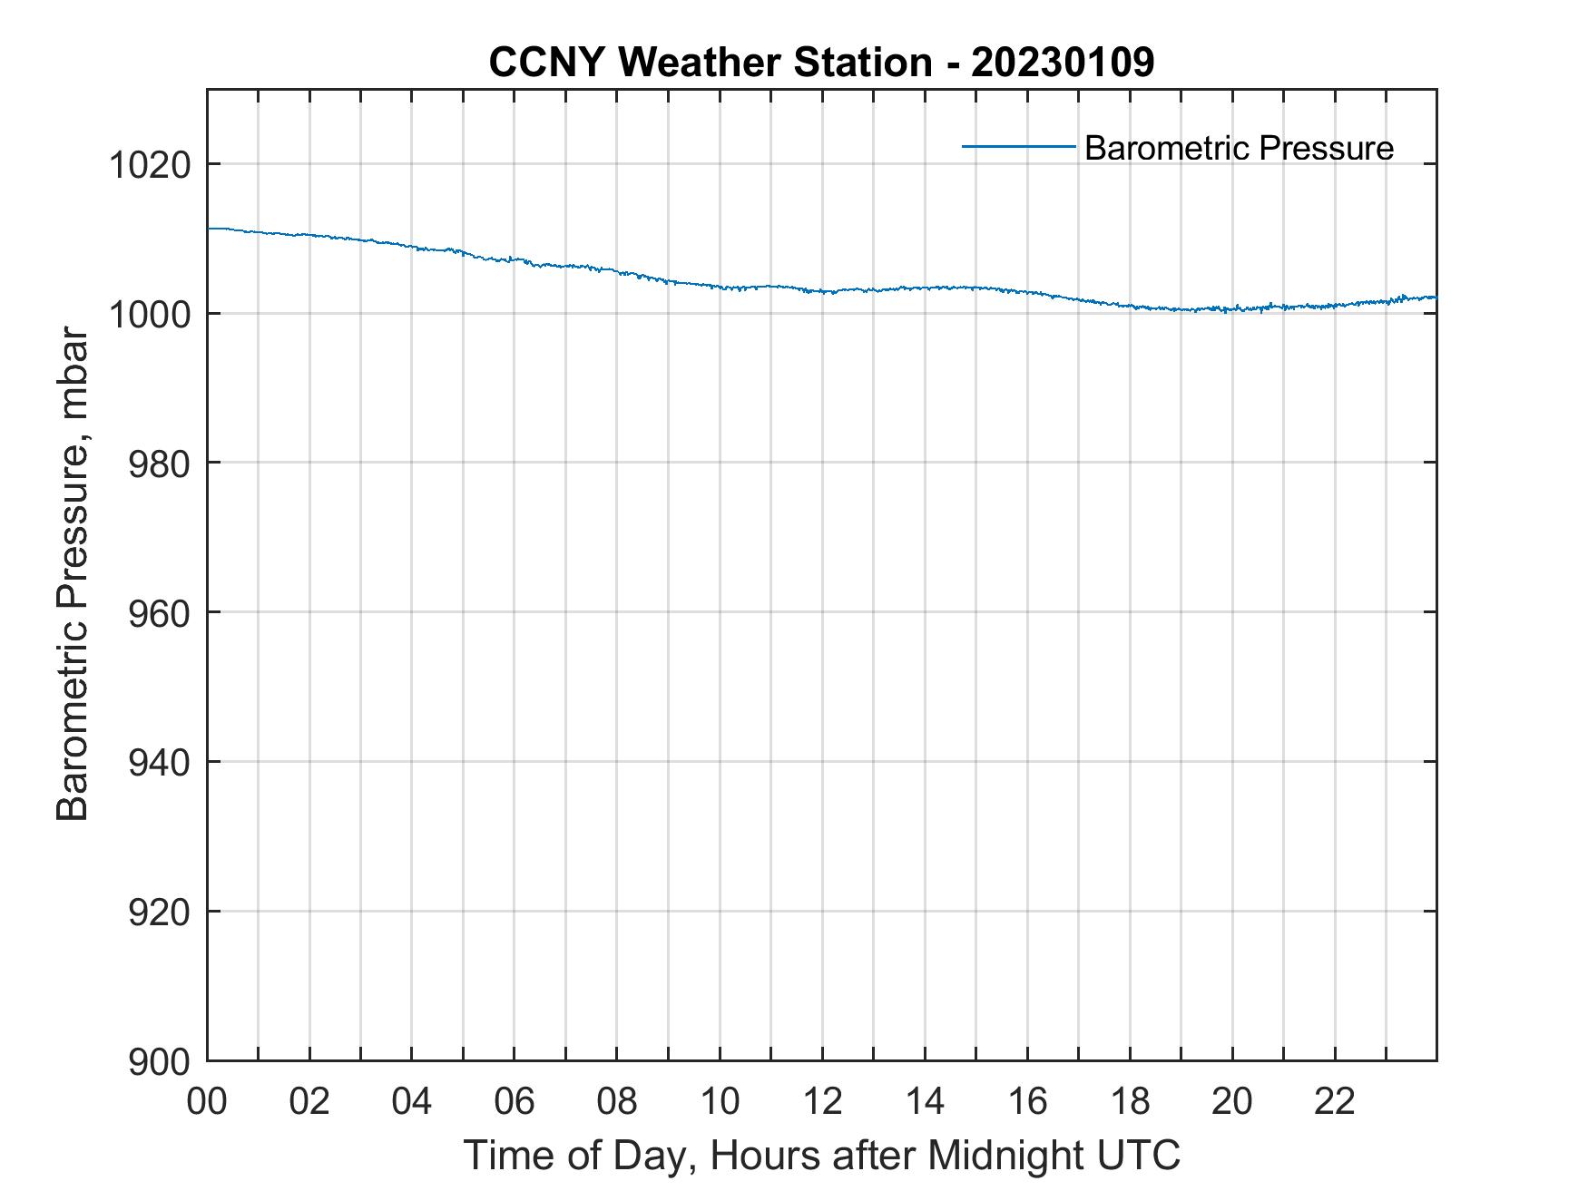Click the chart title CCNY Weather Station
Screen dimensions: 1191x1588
pos(710,63)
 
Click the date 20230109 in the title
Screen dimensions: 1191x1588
pos(1063,63)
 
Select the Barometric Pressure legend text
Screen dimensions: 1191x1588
pos(1239,148)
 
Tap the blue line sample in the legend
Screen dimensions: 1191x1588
pos(1018,146)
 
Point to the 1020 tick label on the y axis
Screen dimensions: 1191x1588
pos(150,165)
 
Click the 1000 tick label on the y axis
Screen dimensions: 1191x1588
pos(150,315)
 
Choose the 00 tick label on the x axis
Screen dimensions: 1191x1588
pos(207,1102)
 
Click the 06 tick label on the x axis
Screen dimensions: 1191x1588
pos(515,1102)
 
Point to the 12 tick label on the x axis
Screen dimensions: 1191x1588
pos(822,1102)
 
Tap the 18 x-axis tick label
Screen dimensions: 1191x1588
pos(1130,1102)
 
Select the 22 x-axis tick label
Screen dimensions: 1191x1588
pos(1335,1102)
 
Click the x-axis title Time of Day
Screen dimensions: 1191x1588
pos(821,1156)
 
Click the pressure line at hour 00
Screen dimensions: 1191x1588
pos(211,229)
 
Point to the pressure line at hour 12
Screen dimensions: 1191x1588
pos(822,291)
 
